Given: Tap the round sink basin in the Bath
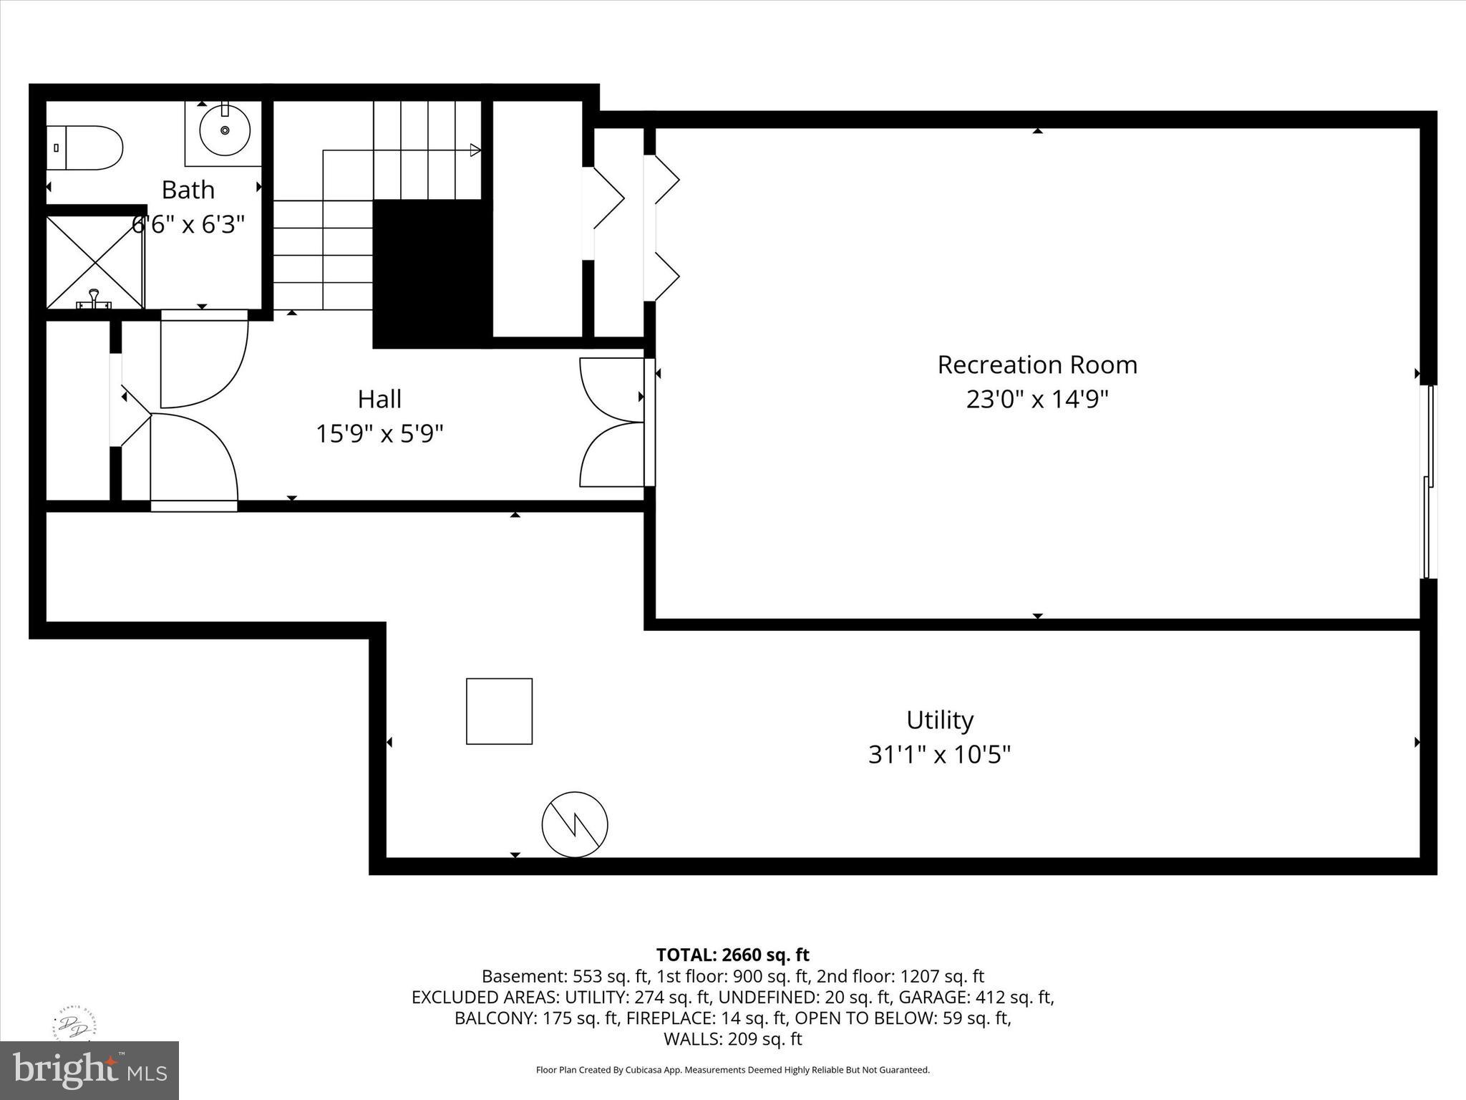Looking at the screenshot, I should (x=225, y=130).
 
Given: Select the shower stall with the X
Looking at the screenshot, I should (x=95, y=262).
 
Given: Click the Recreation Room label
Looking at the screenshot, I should (x=1037, y=365).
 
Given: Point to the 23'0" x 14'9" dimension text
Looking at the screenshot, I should (x=1037, y=399).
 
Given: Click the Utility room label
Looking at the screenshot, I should (x=939, y=720).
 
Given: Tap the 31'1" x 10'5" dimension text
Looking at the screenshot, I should (x=939, y=754).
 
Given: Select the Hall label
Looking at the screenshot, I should (x=379, y=399).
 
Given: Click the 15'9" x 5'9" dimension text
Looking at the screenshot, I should (x=379, y=433).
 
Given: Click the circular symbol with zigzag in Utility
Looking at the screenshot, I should (x=575, y=824).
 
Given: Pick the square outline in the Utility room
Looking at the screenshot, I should (x=499, y=711).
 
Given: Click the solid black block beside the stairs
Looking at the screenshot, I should (x=432, y=274).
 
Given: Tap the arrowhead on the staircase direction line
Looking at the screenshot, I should (x=475, y=150).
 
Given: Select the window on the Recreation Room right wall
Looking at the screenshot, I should (x=1427, y=481).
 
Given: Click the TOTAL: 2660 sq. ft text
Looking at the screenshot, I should (x=732, y=955).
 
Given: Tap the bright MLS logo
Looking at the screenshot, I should (x=89, y=1071).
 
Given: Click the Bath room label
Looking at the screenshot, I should (x=188, y=190).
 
